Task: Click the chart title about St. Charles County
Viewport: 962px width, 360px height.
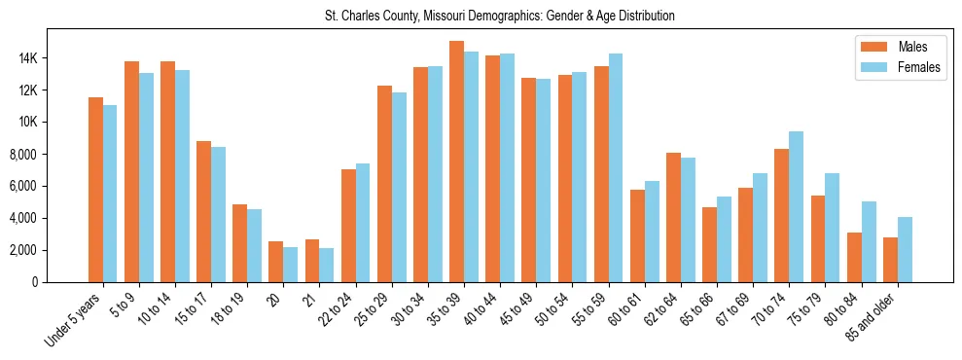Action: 500,17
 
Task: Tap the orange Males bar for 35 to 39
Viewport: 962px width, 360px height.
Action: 456,162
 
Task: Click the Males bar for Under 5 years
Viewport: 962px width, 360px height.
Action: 95,190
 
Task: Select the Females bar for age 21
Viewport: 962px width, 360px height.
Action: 327,265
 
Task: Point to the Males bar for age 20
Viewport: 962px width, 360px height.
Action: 276,262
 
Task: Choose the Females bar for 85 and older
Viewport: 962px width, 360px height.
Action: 905,249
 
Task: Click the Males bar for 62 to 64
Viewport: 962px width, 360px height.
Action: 673,217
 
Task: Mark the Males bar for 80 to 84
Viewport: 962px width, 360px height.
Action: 854,257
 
